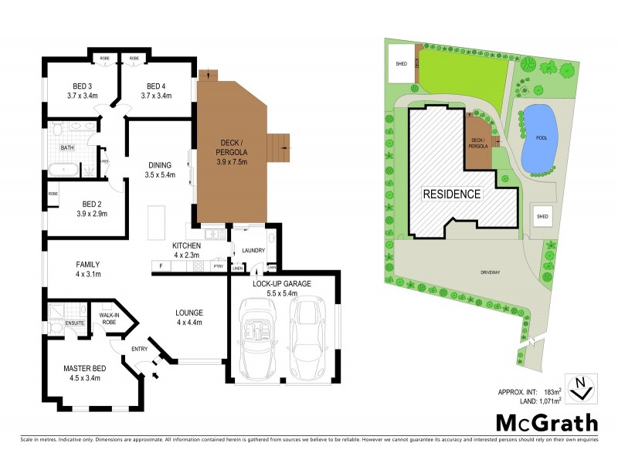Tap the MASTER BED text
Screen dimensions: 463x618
point(84,368)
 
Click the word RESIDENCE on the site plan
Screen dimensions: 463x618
point(452,194)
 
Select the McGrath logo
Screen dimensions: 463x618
point(546,423)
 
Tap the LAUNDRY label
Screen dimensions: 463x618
point(253,250)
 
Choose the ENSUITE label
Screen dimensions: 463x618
point(75,323)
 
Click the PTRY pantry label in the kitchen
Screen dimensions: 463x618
point(218,266)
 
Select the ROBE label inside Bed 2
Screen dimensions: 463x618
point(53,194)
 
